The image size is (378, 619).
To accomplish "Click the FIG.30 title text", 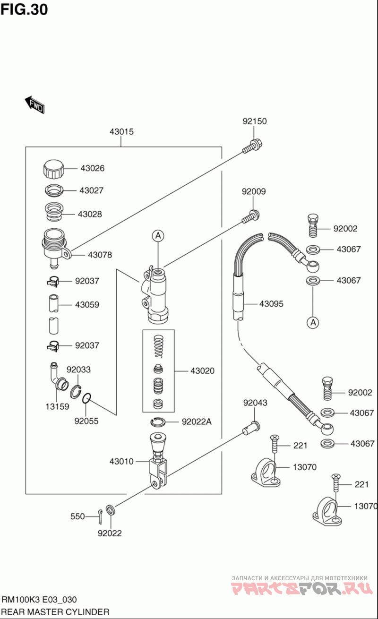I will click(x=24, y=9).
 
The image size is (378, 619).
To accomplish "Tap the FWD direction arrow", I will click(x=34, y=105).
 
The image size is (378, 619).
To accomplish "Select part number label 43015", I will click(x=121, y=132).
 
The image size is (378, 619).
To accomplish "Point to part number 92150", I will click(x=255, y=121).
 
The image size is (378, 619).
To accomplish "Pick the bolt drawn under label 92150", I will click(x=253, y=146).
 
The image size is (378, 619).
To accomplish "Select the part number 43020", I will click(x=202, y=371).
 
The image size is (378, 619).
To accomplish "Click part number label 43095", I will click(x=271, y=304).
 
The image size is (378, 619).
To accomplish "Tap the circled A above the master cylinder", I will click(x=158, y=235).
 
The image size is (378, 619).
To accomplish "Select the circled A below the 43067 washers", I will click(x=312, y=323).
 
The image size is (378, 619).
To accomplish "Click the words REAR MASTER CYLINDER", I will click(x=56, y=612).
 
